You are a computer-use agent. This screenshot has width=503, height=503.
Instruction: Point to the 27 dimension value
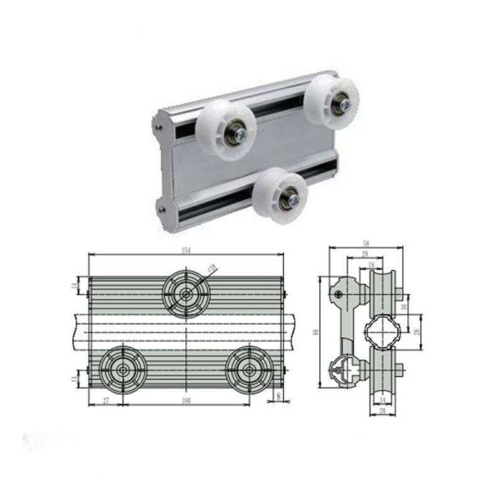point(106,401)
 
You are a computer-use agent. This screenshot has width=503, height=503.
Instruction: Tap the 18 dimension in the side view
point(369,265)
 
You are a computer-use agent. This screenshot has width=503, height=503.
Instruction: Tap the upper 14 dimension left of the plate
point(76,287)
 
